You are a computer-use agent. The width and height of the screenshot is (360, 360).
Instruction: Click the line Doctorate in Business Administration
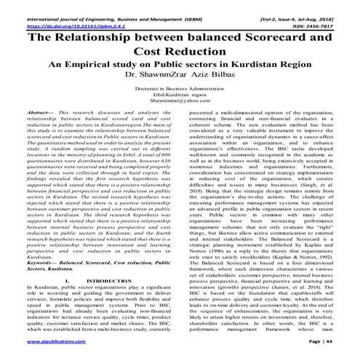[x=180, y=89]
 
